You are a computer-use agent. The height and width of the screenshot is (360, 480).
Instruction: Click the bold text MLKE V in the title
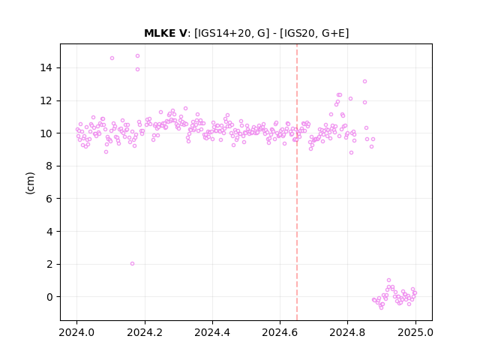pos(165,33)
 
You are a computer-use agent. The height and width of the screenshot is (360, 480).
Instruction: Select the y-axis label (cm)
pos(30,183)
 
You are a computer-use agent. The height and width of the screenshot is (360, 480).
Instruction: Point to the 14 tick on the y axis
pos(46,67)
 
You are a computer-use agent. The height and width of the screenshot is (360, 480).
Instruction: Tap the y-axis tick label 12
pos(46,100)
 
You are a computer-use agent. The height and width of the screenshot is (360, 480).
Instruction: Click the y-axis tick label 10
pos(46,133)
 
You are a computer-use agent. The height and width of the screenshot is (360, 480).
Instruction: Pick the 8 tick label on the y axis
pos(49,166)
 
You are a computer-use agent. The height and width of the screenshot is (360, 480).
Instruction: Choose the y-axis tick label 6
pos(49,199)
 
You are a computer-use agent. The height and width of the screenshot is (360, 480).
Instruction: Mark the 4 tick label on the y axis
pos(49,232)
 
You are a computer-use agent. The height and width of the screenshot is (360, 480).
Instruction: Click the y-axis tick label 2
pos(49,264)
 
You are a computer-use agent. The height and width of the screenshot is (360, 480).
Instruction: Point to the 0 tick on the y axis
pos(49,297)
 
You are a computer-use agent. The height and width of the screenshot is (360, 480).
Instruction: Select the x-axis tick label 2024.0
pos(76,332)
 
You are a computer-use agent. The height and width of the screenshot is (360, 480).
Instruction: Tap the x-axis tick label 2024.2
pos(145,332)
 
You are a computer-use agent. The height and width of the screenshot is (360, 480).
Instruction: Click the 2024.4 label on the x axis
pos(212,332)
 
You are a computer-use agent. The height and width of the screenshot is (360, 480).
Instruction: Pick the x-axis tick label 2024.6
pos(280,332)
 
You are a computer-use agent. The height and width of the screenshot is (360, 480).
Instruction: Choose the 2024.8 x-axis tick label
pos(347,332)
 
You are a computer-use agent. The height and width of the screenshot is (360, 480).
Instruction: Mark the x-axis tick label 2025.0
pos(415,332)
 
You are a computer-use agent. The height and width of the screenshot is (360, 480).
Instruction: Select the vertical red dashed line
pos(297,182)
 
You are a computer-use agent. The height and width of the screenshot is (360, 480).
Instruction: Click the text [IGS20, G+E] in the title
pos(314,33)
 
